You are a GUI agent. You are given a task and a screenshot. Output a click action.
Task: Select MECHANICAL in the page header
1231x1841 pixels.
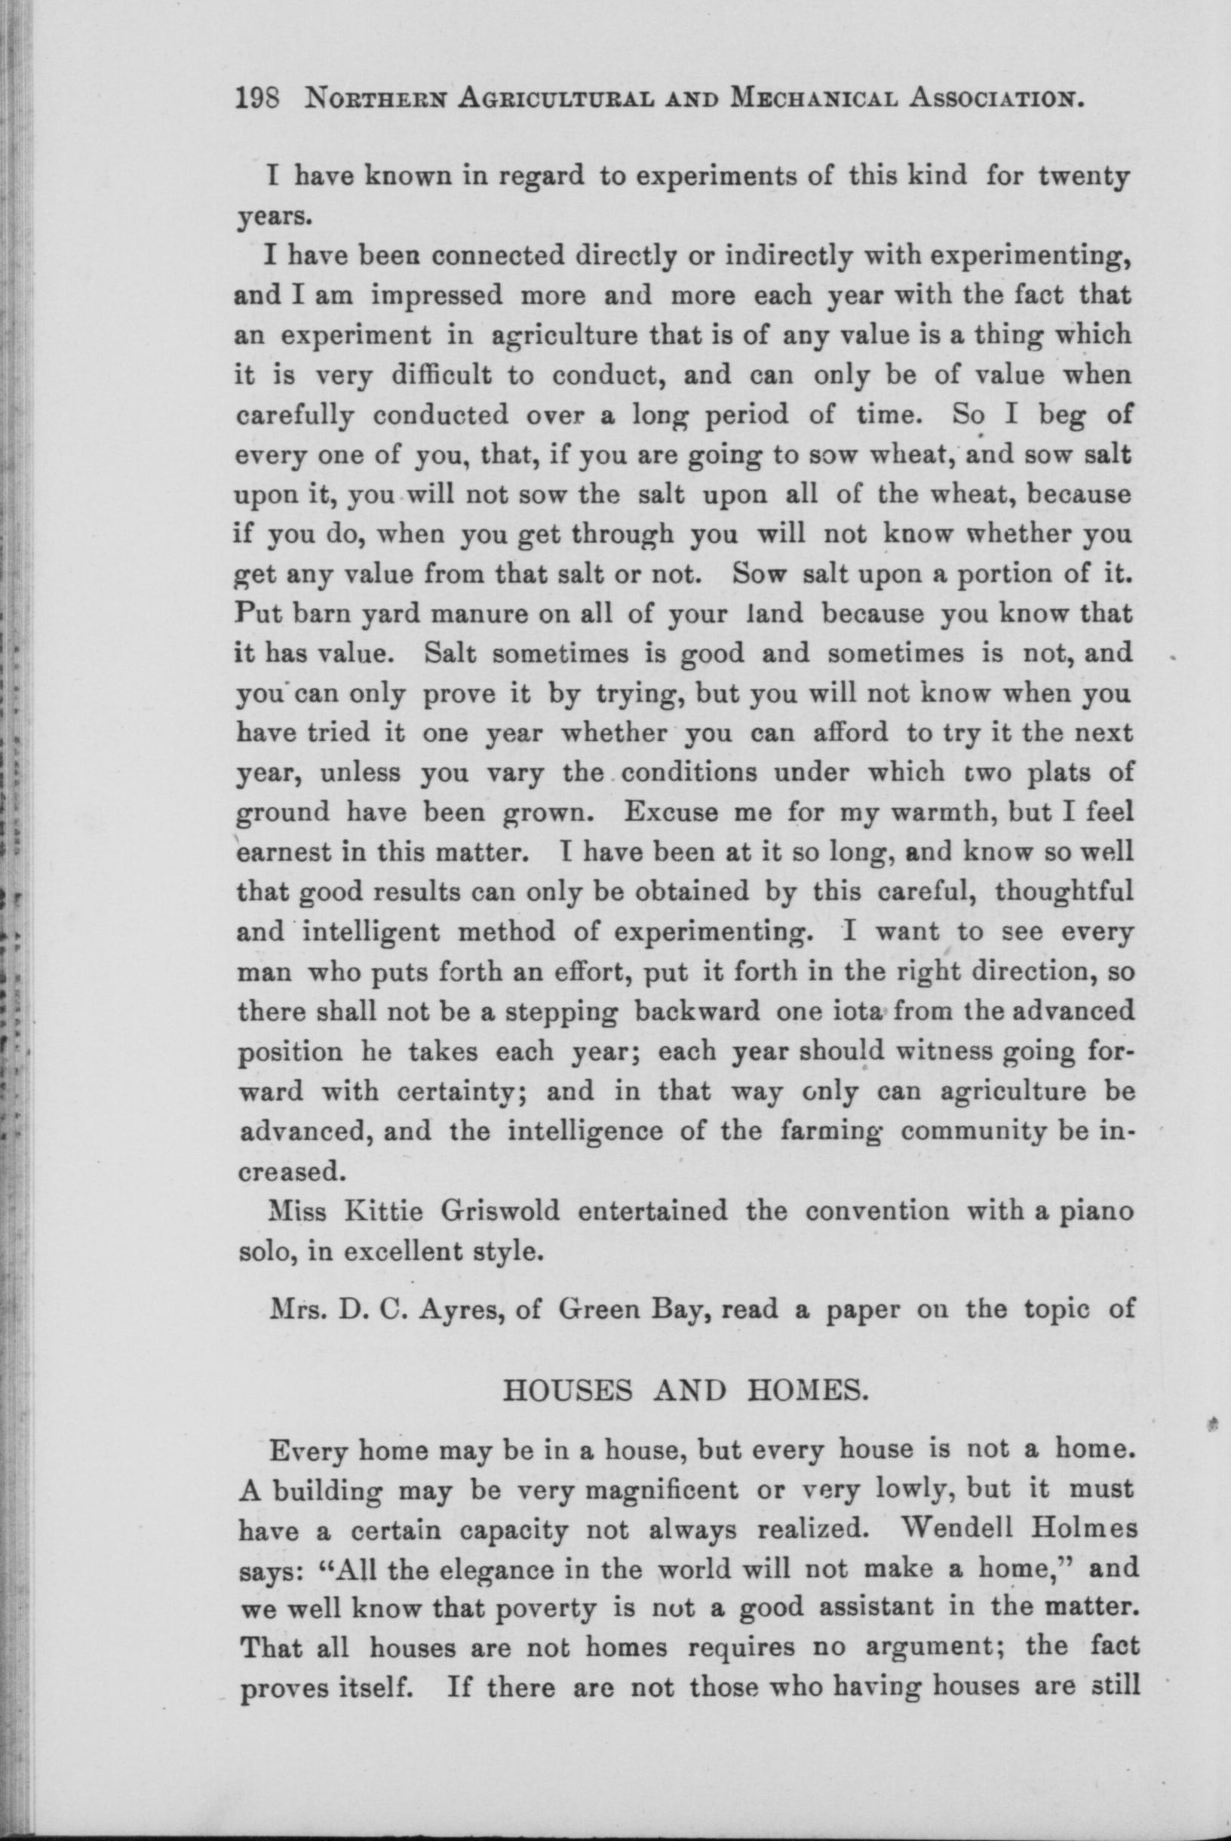(812, 100)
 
